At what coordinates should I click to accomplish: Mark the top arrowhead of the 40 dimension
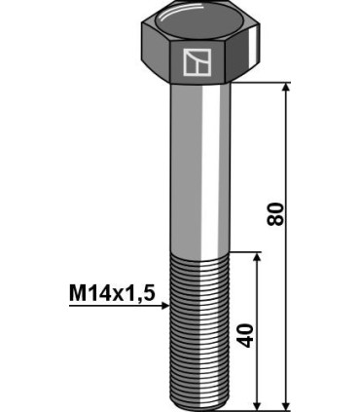pyautogui.click(x=256, y=258)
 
